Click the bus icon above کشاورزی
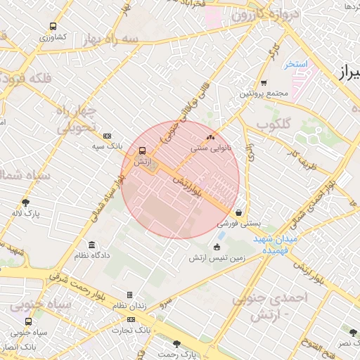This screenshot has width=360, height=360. click(x=53, y=26)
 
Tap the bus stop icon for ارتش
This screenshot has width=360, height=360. click(x=143, y=150)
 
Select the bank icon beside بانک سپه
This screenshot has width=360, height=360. click(x=107, y=136)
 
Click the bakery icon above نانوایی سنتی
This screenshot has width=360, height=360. click(x=210, y=138)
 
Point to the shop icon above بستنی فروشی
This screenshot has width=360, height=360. click(x=239, y=212)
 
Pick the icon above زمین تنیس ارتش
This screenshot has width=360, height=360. click(x=216, y=247)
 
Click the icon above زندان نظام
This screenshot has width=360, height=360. click(x=129, y=295)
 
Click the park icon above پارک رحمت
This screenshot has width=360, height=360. click(x=176, y=343)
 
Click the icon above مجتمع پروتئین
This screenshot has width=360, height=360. click(x=263, y=82)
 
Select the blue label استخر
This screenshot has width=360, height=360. click(x=296, y=64)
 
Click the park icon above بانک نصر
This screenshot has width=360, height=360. click(x=353, y=332)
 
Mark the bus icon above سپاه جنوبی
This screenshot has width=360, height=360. click(x=28, y=321)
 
